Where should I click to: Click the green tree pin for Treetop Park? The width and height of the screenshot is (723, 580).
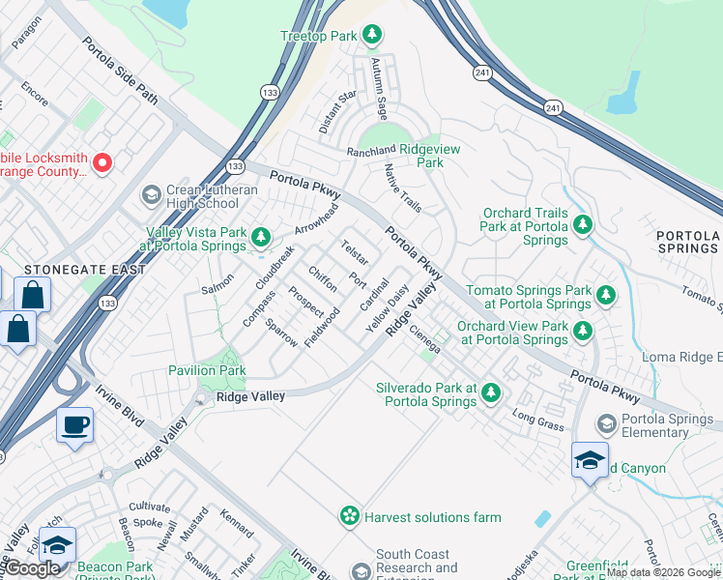click(x=372, y=36)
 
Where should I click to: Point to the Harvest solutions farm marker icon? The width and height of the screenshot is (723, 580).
click(x=349, y=516)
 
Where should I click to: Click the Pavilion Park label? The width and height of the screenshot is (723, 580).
click(x=207, y=370)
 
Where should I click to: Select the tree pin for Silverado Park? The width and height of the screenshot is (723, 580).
click(x=491, y=392)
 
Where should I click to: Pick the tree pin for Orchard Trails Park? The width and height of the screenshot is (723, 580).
click(x=582, y=225)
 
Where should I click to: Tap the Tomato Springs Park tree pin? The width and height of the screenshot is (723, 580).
click(x=605, y=294)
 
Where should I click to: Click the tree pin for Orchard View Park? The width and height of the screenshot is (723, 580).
click(x=582, y=332)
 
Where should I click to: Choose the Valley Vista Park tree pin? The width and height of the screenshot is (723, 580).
click(x=259, y=237)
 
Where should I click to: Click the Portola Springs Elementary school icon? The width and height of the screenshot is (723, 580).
click(x=606, y=423)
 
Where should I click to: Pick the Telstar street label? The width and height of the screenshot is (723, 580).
click(x=353, y=254)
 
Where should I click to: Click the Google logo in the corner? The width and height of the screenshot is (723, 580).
click(x=33, y=568)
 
